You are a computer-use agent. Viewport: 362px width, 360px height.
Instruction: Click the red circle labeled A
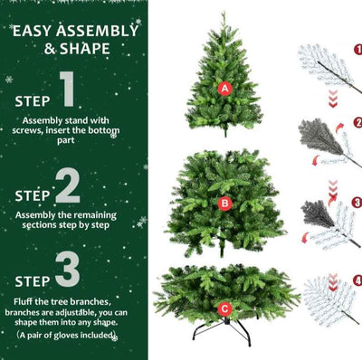pos(225,88)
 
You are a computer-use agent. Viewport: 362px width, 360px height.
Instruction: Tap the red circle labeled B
pos(224,204)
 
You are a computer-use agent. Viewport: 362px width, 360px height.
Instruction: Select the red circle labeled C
pos(224,308)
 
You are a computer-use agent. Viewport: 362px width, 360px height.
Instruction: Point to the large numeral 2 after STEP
pos(68,187)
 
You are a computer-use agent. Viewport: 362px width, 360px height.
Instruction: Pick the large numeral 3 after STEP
pos(67,270)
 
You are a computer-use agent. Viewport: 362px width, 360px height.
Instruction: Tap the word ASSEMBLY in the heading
pos(98,30)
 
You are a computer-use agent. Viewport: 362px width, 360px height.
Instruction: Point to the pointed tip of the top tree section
pos(224,14)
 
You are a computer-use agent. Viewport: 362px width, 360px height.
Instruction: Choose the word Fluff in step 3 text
pos(26,299)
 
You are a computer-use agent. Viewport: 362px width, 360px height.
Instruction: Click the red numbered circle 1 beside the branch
pos(357,50)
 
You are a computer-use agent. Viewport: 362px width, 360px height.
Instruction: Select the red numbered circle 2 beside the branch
pos(357,122)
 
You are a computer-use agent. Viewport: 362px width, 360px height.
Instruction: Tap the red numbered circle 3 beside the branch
pos(357,203)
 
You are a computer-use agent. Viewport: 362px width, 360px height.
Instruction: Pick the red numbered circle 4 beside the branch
pos(357,280)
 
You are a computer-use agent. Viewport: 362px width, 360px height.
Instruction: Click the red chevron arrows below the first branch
pos(331,98)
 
